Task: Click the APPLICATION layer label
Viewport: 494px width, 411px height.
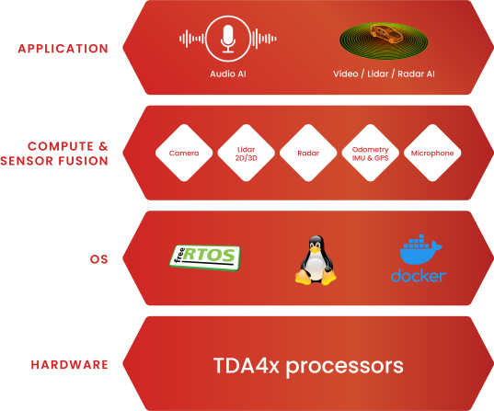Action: tap(63, 49)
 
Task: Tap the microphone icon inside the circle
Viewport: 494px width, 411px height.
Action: tap(228, 39)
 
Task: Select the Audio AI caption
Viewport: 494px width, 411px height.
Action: tap(228, 74)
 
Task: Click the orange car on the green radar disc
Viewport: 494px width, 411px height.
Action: tap(386, 33)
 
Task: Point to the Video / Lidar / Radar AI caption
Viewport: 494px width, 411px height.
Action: tap(384, 74)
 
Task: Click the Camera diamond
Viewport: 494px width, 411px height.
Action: tap(184, 153)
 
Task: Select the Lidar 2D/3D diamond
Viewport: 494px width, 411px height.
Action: tap(246, 153)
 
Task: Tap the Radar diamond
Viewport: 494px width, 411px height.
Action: tap(308, 153)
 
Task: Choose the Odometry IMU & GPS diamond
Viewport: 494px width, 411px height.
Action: tap(370, 153)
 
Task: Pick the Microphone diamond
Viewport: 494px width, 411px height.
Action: tap(432, 153)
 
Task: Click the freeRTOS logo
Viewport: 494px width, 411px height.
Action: tap(205, 257)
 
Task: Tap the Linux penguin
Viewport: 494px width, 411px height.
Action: tap(316, 260)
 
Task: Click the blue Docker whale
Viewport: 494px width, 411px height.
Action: tap(420, 249)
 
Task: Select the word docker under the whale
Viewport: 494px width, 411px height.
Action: tap(419, 276)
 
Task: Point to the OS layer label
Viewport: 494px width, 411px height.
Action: tap(99, 259)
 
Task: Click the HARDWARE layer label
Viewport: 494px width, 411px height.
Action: tap(70, 365)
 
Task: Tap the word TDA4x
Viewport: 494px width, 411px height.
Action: tap(246, 365)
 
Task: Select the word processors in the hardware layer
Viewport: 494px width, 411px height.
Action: tap(345, 367)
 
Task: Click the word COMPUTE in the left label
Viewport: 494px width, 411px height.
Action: tap(61, 146)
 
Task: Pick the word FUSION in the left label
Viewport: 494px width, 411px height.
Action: tap(83, 161)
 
